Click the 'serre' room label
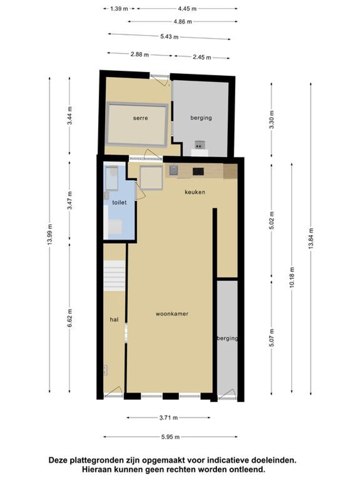coord(140,118)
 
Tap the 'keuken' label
coord(195,192)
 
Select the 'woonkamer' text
coord(172,314)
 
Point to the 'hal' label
coord(114,319)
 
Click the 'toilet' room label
coord(119,203)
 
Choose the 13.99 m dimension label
coord(49,235)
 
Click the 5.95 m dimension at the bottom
coord(170,437)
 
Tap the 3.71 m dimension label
coord(168,418)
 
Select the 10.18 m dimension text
coord(292,277)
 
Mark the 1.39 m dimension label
coord(119,9)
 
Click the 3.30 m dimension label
coord(272,119)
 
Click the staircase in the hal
coord(114,276)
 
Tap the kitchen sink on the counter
coord(173,170)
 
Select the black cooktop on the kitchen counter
coord(198,172)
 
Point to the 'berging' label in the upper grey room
coord(201,118)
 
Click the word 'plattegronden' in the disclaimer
coord(98,460)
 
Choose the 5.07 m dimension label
coord(272,338)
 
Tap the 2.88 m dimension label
coord(140,54)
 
